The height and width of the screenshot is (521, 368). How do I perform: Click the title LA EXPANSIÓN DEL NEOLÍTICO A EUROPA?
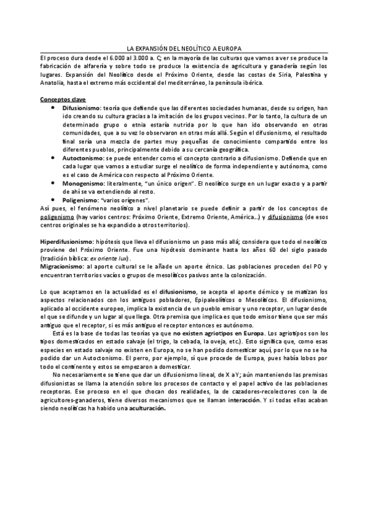tap(184, 48)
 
